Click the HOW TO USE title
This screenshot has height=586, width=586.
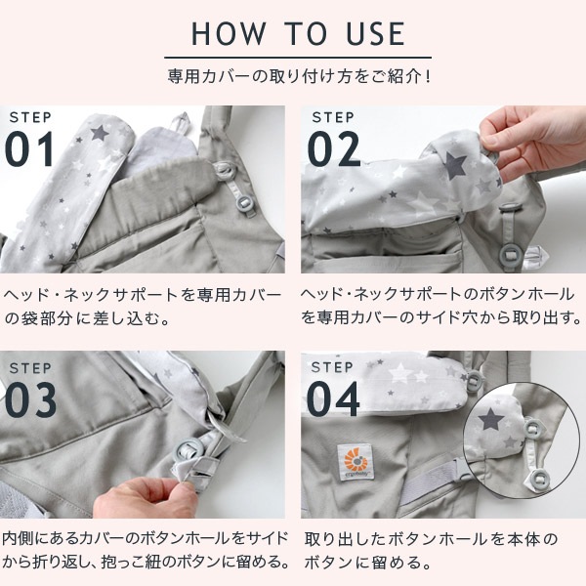(x=298, y=34)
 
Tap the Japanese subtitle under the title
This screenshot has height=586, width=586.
(x=298, y=74)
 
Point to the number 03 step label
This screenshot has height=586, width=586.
(x=32, y=399)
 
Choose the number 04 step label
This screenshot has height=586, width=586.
(x=335, y=399)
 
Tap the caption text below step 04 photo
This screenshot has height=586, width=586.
(x=430, y=550)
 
